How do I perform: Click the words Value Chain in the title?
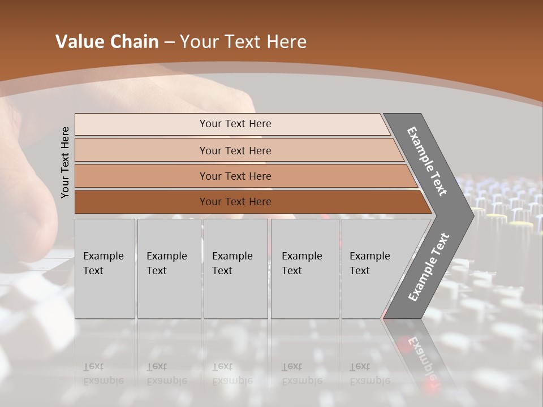coord(107,42)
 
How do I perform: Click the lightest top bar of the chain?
coord(141,124)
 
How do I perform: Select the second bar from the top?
coord(141,150)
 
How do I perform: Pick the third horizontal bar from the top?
coord(141,176)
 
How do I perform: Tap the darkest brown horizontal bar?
coord(141,202)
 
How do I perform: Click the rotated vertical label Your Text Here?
coord(65,162)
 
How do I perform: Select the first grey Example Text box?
coord(105,269)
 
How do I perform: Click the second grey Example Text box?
coord(169,269)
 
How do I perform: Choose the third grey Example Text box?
coord(235,269)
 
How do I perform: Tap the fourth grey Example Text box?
coord(304,269)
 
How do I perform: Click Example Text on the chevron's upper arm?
coord(427,161)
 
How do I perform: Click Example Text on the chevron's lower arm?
coord(428,267)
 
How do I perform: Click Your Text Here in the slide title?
coord(243,42)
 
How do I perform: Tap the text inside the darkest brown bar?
coord(235,202)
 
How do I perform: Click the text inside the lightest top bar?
coord(235,124)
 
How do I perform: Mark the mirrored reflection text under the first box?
coord(104,374)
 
